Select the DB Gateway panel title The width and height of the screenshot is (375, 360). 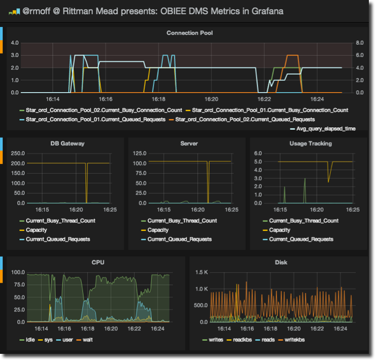[67, 144]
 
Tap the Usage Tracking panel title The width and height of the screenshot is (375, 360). [310, 144]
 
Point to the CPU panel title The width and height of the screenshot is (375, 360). [98, 263]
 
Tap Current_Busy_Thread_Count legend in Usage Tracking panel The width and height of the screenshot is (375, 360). [303, 221]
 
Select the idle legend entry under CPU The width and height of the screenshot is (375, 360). [30, 340]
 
